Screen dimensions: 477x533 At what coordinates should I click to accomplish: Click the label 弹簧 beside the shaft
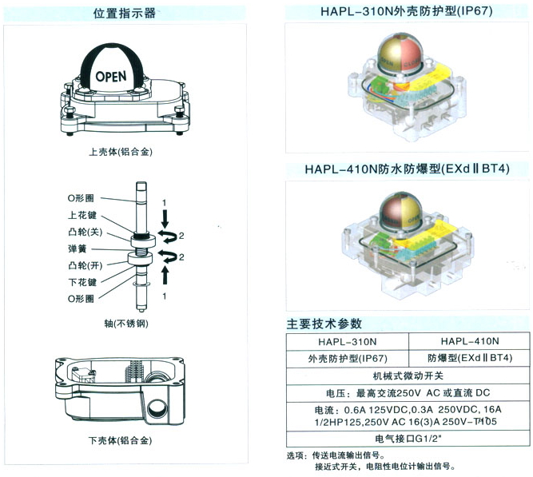(x=77, y=248)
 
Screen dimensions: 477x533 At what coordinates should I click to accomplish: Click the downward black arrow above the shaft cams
(x=164, y=217)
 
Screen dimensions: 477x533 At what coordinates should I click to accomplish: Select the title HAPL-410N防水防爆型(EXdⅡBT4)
(x=407, y=169)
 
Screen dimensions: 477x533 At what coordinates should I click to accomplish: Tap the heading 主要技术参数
(x=324, y=324)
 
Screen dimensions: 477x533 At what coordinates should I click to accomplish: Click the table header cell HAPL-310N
(x=347, y=341)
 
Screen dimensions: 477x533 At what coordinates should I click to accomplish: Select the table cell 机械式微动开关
(x=407, y=375)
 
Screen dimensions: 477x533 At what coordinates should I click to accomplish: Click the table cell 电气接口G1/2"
(x=407, y=439)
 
